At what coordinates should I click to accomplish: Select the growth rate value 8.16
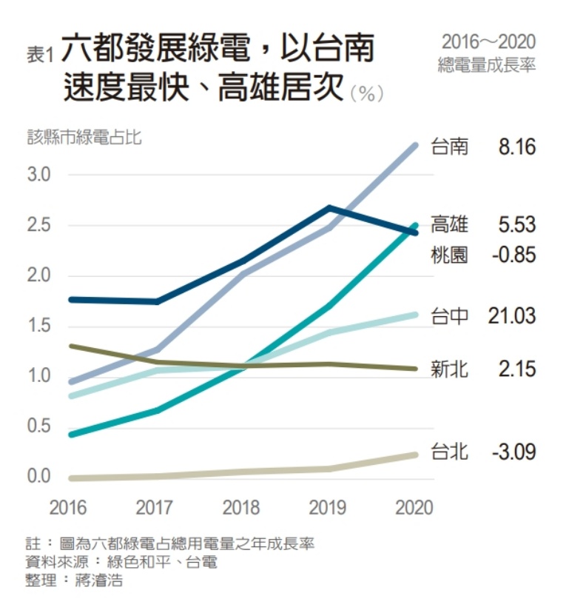pyautogui.click(x=516, y=147)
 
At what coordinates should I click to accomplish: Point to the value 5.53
pyautogui.click(x=516, y=224)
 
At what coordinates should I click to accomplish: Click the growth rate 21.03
pyautogui.click(x=511, y=316)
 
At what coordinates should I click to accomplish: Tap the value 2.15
pyautogui.click(x=516, y=369)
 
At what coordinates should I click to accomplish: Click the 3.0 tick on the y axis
pyautogui.click(x=38, y=175)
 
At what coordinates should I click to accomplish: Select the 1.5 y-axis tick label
pyautogui.click(x=38, y=326)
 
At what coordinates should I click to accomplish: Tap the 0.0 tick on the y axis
pyautogui.click(x=38, y=476)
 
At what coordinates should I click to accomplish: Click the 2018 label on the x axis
pyautogui.click(x=241, y=508)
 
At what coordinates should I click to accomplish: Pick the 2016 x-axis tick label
pyautogui.click(x=67, y=508)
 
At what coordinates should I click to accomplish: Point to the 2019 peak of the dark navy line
pyautogui.click(x=329, y=207)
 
